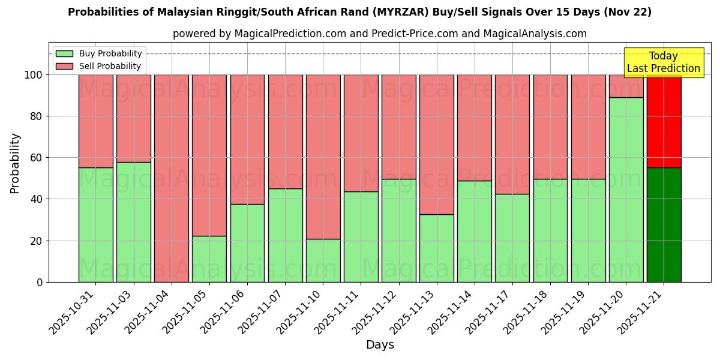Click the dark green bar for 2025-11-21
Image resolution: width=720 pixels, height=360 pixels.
(x=664, y=225)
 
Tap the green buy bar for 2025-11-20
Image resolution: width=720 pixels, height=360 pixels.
(x=626, y=190)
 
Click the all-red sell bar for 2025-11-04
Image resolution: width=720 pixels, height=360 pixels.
(x=172, y=178)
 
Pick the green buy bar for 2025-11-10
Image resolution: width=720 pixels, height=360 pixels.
(x=323, y=260)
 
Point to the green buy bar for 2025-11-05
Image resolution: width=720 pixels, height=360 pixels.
(x=209, y=259)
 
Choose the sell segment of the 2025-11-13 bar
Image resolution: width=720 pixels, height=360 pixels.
(x=436, y=145)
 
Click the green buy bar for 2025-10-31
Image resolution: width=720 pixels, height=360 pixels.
(x=96, y=225)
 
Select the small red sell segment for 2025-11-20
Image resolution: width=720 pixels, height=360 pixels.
(x=626, y=86)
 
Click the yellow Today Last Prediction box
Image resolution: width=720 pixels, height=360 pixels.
(x=663, y=62)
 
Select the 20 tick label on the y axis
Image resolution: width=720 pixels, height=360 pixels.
(x=37, y=241)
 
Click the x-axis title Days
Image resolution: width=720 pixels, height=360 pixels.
(x=380, y=345)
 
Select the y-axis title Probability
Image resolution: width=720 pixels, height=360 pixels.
(x=15, y=163)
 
